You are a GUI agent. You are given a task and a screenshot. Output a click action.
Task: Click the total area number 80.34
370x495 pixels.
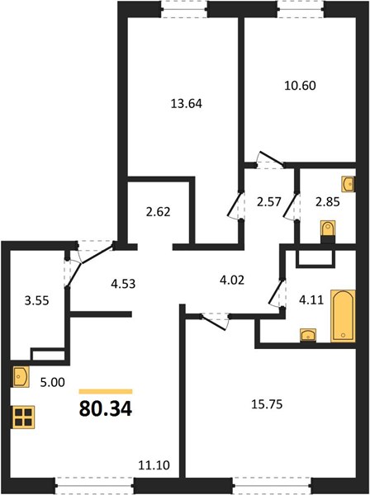click(x=106, y=409)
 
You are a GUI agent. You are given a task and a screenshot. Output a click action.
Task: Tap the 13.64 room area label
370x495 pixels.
click(x=187, y=104)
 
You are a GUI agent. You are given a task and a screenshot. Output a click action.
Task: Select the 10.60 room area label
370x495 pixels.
click(x=300, y=86)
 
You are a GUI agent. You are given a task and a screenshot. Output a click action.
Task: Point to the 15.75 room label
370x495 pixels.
click(x=267, y=404)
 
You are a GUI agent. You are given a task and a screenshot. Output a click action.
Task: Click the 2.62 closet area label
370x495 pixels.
click(x=159, y=211)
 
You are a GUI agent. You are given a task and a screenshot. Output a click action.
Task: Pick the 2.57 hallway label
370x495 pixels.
click(x=269, y=201)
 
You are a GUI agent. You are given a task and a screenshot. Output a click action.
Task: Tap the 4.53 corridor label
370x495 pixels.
click(x=123, y=284)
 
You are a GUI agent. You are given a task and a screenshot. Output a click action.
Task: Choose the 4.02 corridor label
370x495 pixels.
click(x=232, y=280)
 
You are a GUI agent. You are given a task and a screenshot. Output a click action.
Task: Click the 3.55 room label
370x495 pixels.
click(x=37, y=300)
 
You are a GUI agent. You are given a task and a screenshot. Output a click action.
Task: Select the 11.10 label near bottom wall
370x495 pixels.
click(x=154, y=464)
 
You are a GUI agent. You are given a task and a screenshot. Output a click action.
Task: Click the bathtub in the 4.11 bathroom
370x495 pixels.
click(x=343, y=316)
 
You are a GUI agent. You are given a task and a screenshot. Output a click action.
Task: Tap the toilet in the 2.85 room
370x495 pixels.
click(x=328, y=231)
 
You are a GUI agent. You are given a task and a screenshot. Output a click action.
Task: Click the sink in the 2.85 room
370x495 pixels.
click(x=349, y=184)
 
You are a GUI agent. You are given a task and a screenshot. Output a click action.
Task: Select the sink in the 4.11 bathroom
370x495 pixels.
click(x=308, y=335)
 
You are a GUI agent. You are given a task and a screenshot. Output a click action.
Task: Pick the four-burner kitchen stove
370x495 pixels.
click(x=23, y=417)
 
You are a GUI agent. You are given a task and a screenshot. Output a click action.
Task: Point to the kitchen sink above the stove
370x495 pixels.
click(x=21, y=377)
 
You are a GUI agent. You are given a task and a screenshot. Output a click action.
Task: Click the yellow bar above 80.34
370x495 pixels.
click(x=106, y=392)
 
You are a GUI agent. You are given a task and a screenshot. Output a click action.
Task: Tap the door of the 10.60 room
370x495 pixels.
click(x=270, y=160)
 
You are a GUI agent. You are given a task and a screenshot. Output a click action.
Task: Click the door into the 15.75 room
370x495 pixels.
click(x=216, y=321)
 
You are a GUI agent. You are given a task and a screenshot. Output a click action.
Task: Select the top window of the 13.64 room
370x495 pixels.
click(x=184, y=9)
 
